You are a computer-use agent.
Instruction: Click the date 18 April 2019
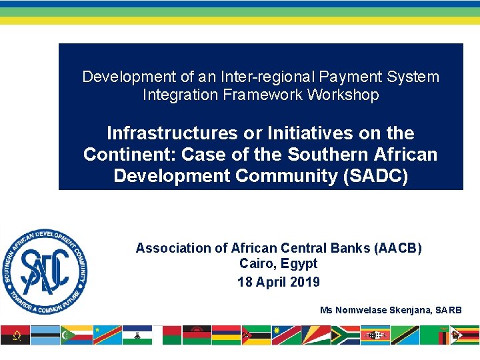click(x=278, y=282)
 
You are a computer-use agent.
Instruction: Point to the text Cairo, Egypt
click(x=278, y=264)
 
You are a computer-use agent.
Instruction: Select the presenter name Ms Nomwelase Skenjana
click(x=378, y=310)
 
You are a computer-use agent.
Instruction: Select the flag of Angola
click(x=15, y=335)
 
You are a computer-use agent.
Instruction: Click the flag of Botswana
click(x=45, y=335)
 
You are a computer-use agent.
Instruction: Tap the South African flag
click(x=345, y=335)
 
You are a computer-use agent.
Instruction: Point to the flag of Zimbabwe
click(x=465, y=335)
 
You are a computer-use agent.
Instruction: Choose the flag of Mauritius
click(x=226, y=335)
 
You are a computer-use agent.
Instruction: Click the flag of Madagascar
click(x=167, y=335)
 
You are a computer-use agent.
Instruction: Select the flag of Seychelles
click(x=315, y=335)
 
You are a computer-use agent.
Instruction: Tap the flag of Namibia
click(x=286, y=335)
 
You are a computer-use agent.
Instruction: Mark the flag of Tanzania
click(x=405, y=335)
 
